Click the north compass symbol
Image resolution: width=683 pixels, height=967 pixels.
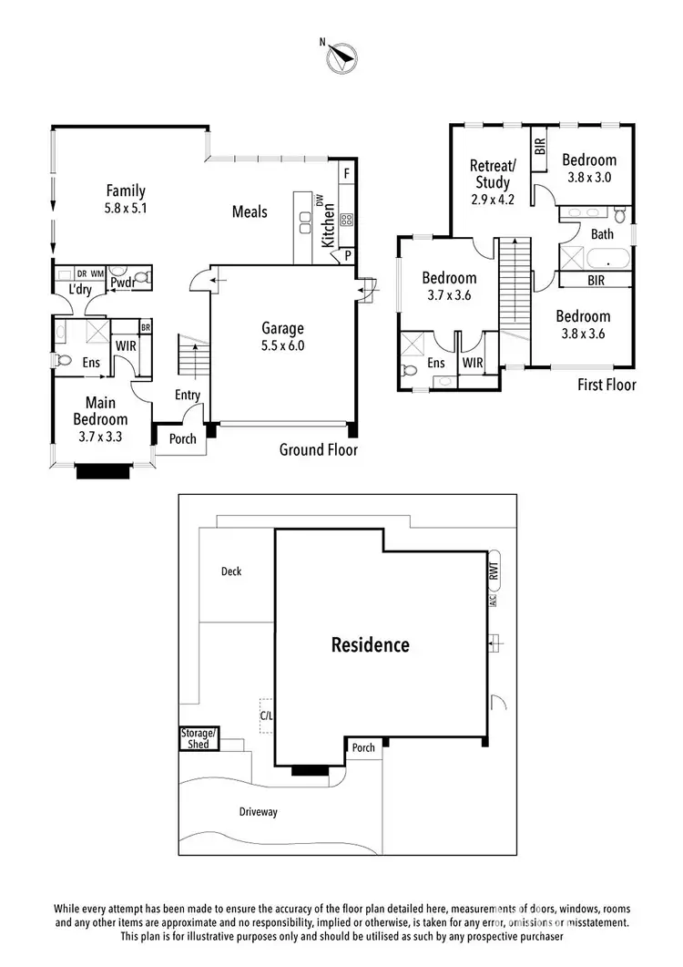341,58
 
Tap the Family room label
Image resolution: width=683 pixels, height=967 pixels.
126,190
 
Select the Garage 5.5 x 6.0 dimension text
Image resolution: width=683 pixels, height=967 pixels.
282,345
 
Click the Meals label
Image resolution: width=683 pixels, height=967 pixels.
250,211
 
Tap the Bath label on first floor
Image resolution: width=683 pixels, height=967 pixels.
603,234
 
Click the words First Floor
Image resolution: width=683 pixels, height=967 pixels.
607,385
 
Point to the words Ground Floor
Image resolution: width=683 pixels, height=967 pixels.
318,449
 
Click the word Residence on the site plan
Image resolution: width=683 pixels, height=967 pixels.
370,645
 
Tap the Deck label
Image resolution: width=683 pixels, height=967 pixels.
231,571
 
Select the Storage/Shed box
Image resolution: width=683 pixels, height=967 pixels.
199,739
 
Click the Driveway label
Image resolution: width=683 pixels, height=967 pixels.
258,811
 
